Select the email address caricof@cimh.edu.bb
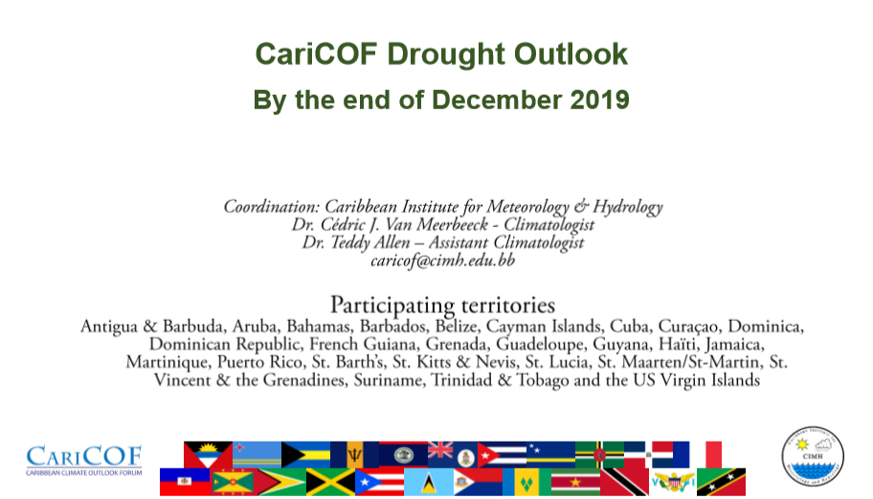coord(442,261)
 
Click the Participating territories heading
coord(442,306)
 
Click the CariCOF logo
coord(84,460)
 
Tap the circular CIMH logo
coord(813,457)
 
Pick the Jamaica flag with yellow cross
coord(330,482)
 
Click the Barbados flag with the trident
coord(354,454)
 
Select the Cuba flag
coord(502,454)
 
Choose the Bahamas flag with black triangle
coord(305,454)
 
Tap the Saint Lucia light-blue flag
coord(429,482)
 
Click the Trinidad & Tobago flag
coord(625,482)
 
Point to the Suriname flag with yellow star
coord(575,482)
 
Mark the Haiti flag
coord(185,482)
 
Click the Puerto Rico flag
coord(380,482)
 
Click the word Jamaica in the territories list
coord(734,345)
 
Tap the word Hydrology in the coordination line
coord(628,207)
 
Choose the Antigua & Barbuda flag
coord(209,454)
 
